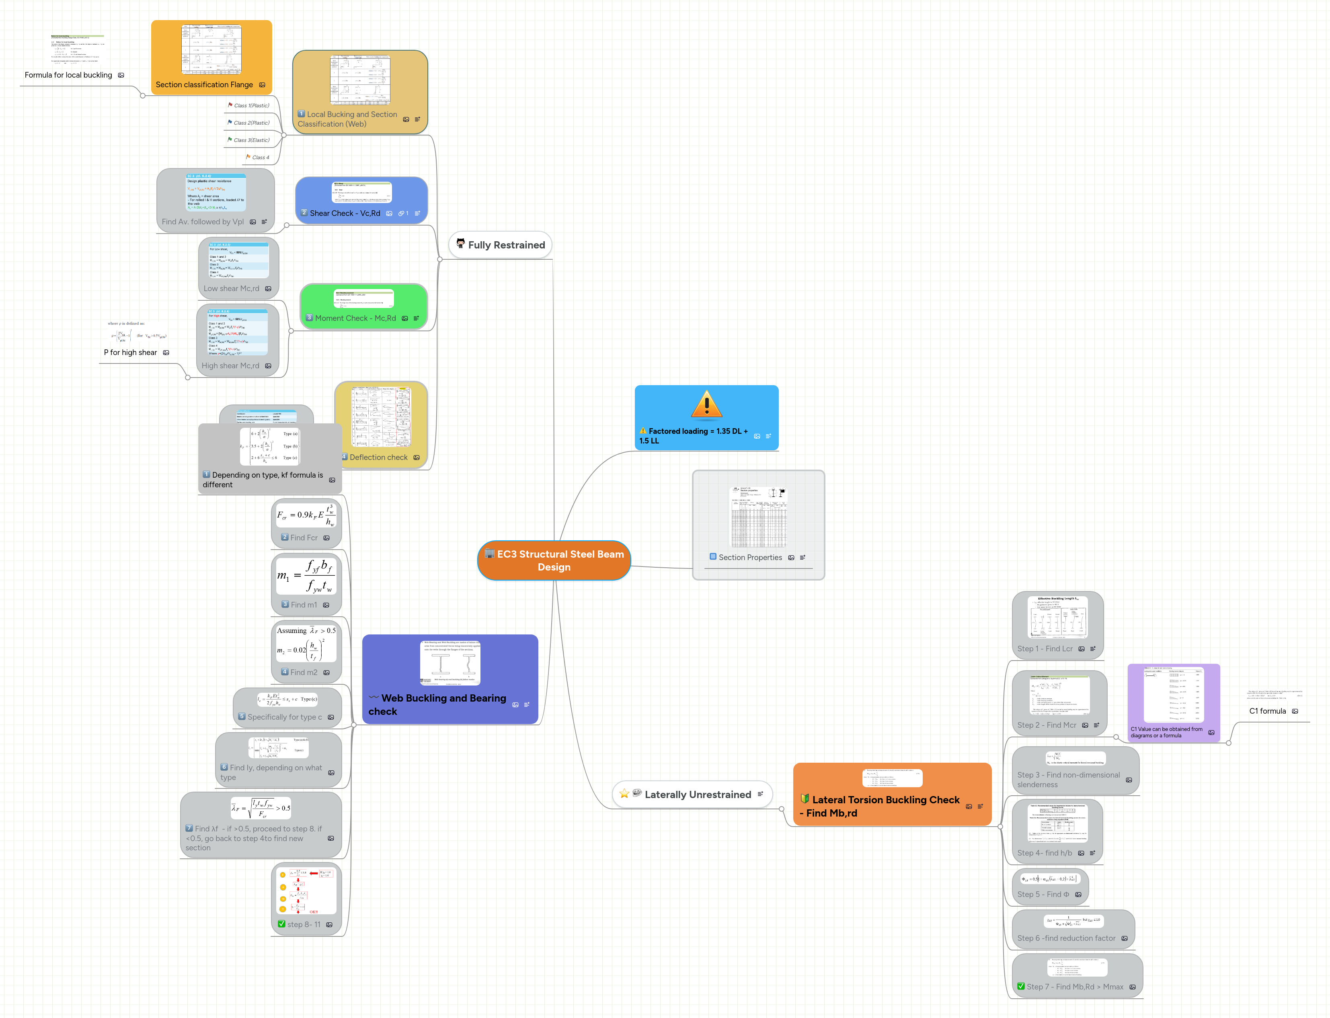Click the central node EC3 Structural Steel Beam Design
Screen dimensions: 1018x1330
point(554,560)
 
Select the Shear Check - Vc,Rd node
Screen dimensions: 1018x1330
point(345,213)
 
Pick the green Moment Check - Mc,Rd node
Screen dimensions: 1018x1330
point(355,318)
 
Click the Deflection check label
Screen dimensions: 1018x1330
point(378,458)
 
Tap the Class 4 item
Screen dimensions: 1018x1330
point(260,158)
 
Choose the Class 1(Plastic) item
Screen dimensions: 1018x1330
point(251,105)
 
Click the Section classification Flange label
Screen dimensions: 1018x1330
point(204,85)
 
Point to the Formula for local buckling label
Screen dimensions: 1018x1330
point(68,75)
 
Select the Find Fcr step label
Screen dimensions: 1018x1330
point(304,538)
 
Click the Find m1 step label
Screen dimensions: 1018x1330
point(304,605)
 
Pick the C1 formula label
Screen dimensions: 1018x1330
point(1267,711)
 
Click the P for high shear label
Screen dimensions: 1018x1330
point(130,353)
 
